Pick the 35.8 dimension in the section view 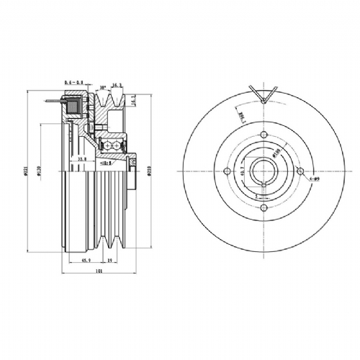coord(81,158)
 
